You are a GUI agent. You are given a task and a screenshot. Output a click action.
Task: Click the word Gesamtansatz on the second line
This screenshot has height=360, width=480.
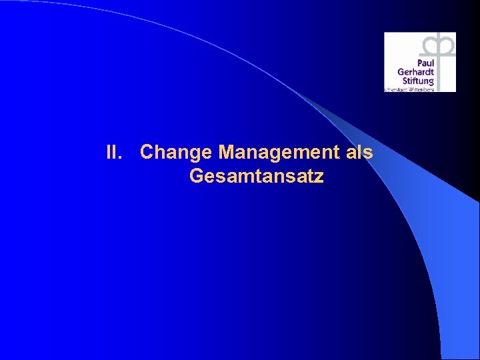[257, 177]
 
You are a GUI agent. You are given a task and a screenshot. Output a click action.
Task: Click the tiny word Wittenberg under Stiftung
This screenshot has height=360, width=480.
[421, 89]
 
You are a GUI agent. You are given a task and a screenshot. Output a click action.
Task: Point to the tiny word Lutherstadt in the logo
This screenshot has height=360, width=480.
[396, 89]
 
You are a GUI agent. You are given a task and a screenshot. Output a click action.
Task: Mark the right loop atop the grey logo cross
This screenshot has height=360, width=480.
[445, 45]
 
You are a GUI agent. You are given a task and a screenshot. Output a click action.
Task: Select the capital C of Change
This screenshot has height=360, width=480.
[147, 153]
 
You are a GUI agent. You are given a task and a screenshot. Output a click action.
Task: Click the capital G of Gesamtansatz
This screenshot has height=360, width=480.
[197, 177]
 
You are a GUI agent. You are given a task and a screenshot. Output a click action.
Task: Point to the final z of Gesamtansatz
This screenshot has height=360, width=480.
[319, 177]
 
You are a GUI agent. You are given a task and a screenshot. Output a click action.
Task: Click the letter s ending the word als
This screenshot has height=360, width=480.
[367, 153]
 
